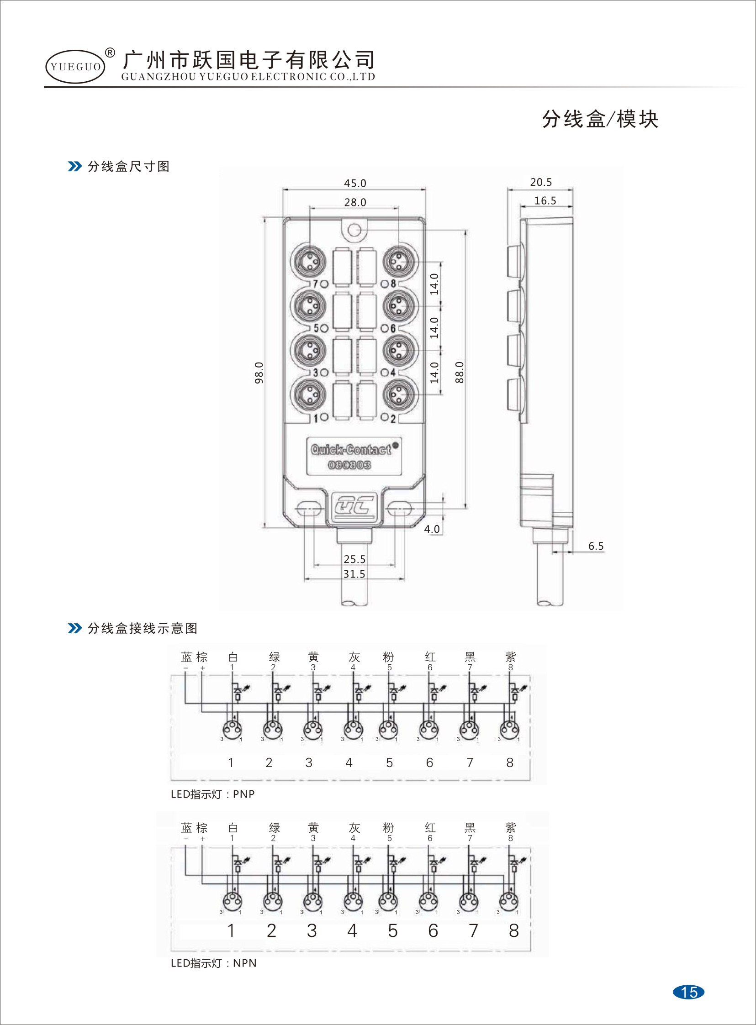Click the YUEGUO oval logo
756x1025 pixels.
point(75,67)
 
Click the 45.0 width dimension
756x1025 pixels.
point(354,183)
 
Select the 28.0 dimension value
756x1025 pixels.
point(354,202)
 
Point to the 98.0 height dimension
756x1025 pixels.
point(259,372)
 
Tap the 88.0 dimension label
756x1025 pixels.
point(460,372)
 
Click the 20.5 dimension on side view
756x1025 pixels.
point(541,182)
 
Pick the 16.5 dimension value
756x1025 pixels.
point(545,200)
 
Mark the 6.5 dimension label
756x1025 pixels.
point(596,546)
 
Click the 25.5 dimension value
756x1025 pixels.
point(354,559)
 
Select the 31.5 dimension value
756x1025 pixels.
point(354,574)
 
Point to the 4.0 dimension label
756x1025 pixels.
point(432,529)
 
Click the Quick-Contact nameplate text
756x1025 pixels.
point(351,450)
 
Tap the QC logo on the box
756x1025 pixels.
point(354,506)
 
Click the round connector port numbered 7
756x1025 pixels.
point(308,262)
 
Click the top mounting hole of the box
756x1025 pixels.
point(354,230)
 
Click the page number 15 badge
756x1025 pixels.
point(689,992)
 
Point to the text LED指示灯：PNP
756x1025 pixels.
point(212,794)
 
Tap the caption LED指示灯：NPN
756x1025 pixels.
point(213,963)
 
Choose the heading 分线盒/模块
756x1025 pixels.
point(600,119)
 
